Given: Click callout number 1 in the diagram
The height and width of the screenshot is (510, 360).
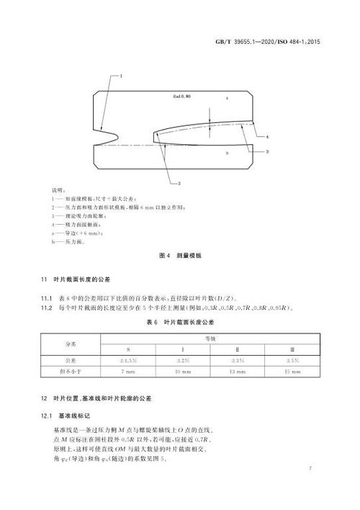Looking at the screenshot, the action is point(122,76).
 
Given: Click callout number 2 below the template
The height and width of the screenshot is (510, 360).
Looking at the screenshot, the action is point(178,184).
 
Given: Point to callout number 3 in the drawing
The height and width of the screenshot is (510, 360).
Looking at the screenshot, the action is point(267,152).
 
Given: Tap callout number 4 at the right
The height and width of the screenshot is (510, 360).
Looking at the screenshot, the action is point(267,136).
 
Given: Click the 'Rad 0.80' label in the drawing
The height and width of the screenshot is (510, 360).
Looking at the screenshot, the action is point(181,94).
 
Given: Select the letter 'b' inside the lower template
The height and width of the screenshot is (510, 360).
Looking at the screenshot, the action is point(227,153).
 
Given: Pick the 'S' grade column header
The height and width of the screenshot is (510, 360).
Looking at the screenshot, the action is point(128,349).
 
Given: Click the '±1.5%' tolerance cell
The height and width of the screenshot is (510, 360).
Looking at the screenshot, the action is point(128,360).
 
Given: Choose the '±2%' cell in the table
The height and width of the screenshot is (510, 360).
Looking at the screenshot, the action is point(183,360).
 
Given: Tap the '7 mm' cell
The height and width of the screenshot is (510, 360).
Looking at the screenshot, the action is point(128,372).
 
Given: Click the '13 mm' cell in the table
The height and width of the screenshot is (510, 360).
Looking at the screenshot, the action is point(237,372).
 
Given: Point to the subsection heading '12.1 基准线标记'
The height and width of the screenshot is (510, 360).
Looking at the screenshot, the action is point(69,416).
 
